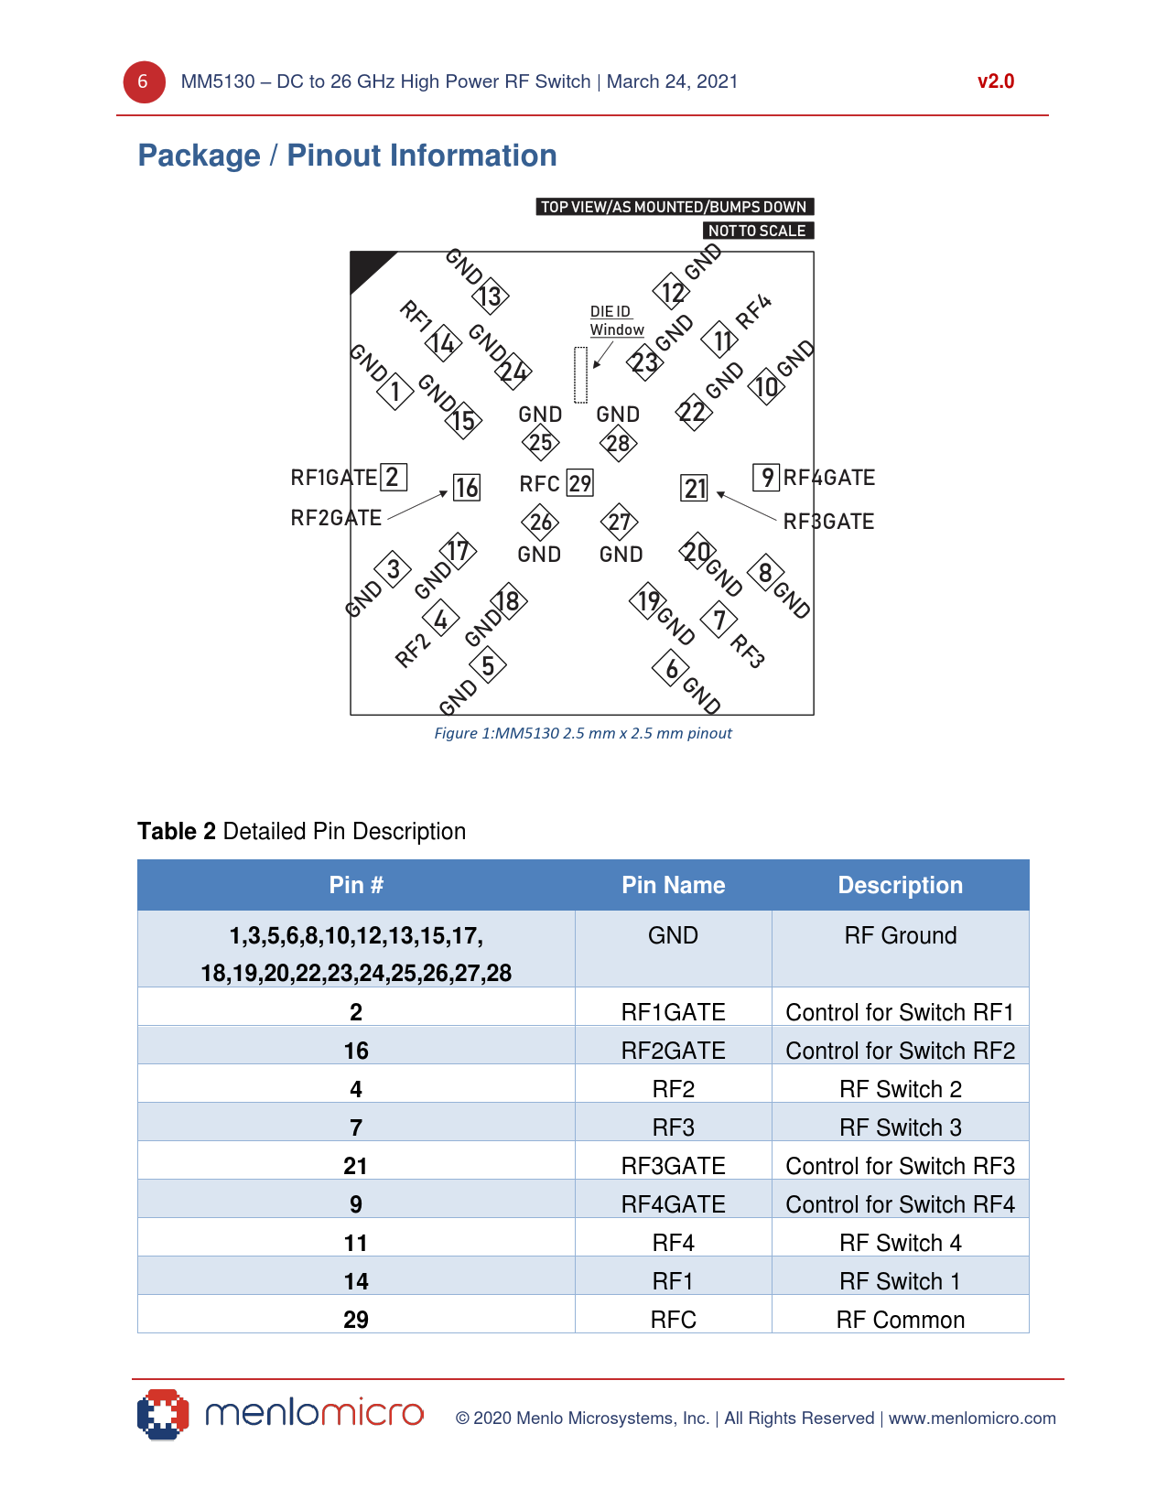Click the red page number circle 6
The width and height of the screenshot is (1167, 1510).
point(144,82)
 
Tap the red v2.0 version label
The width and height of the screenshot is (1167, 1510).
point(995,81)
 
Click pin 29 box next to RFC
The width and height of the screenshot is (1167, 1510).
point(580,483)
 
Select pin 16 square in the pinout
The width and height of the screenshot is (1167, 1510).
point(467,488)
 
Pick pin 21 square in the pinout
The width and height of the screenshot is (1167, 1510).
point(695,489)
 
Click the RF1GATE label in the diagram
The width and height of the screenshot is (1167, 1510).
point(333,478)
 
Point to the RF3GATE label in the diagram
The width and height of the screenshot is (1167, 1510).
point(828,522)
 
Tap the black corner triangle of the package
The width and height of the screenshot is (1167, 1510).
point(365,266)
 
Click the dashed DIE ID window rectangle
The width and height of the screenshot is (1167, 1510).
point(580,375)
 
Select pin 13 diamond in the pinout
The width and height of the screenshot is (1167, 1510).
point(491,296)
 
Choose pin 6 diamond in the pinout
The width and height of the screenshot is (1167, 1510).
point(672,669)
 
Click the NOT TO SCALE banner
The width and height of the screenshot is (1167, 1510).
point(757,231)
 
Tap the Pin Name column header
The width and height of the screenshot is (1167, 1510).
point(673,885)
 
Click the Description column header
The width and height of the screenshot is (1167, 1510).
point(900,885)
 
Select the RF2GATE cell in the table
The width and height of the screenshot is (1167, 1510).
point(673,1051)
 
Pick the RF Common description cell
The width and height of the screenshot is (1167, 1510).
point(900,1320)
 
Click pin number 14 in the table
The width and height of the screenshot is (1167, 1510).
point(356,1281)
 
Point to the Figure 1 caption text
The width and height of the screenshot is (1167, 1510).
point(582,733)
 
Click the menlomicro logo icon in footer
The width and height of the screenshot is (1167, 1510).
point(163,1415)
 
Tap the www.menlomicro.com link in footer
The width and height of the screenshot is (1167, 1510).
point(971,1418)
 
